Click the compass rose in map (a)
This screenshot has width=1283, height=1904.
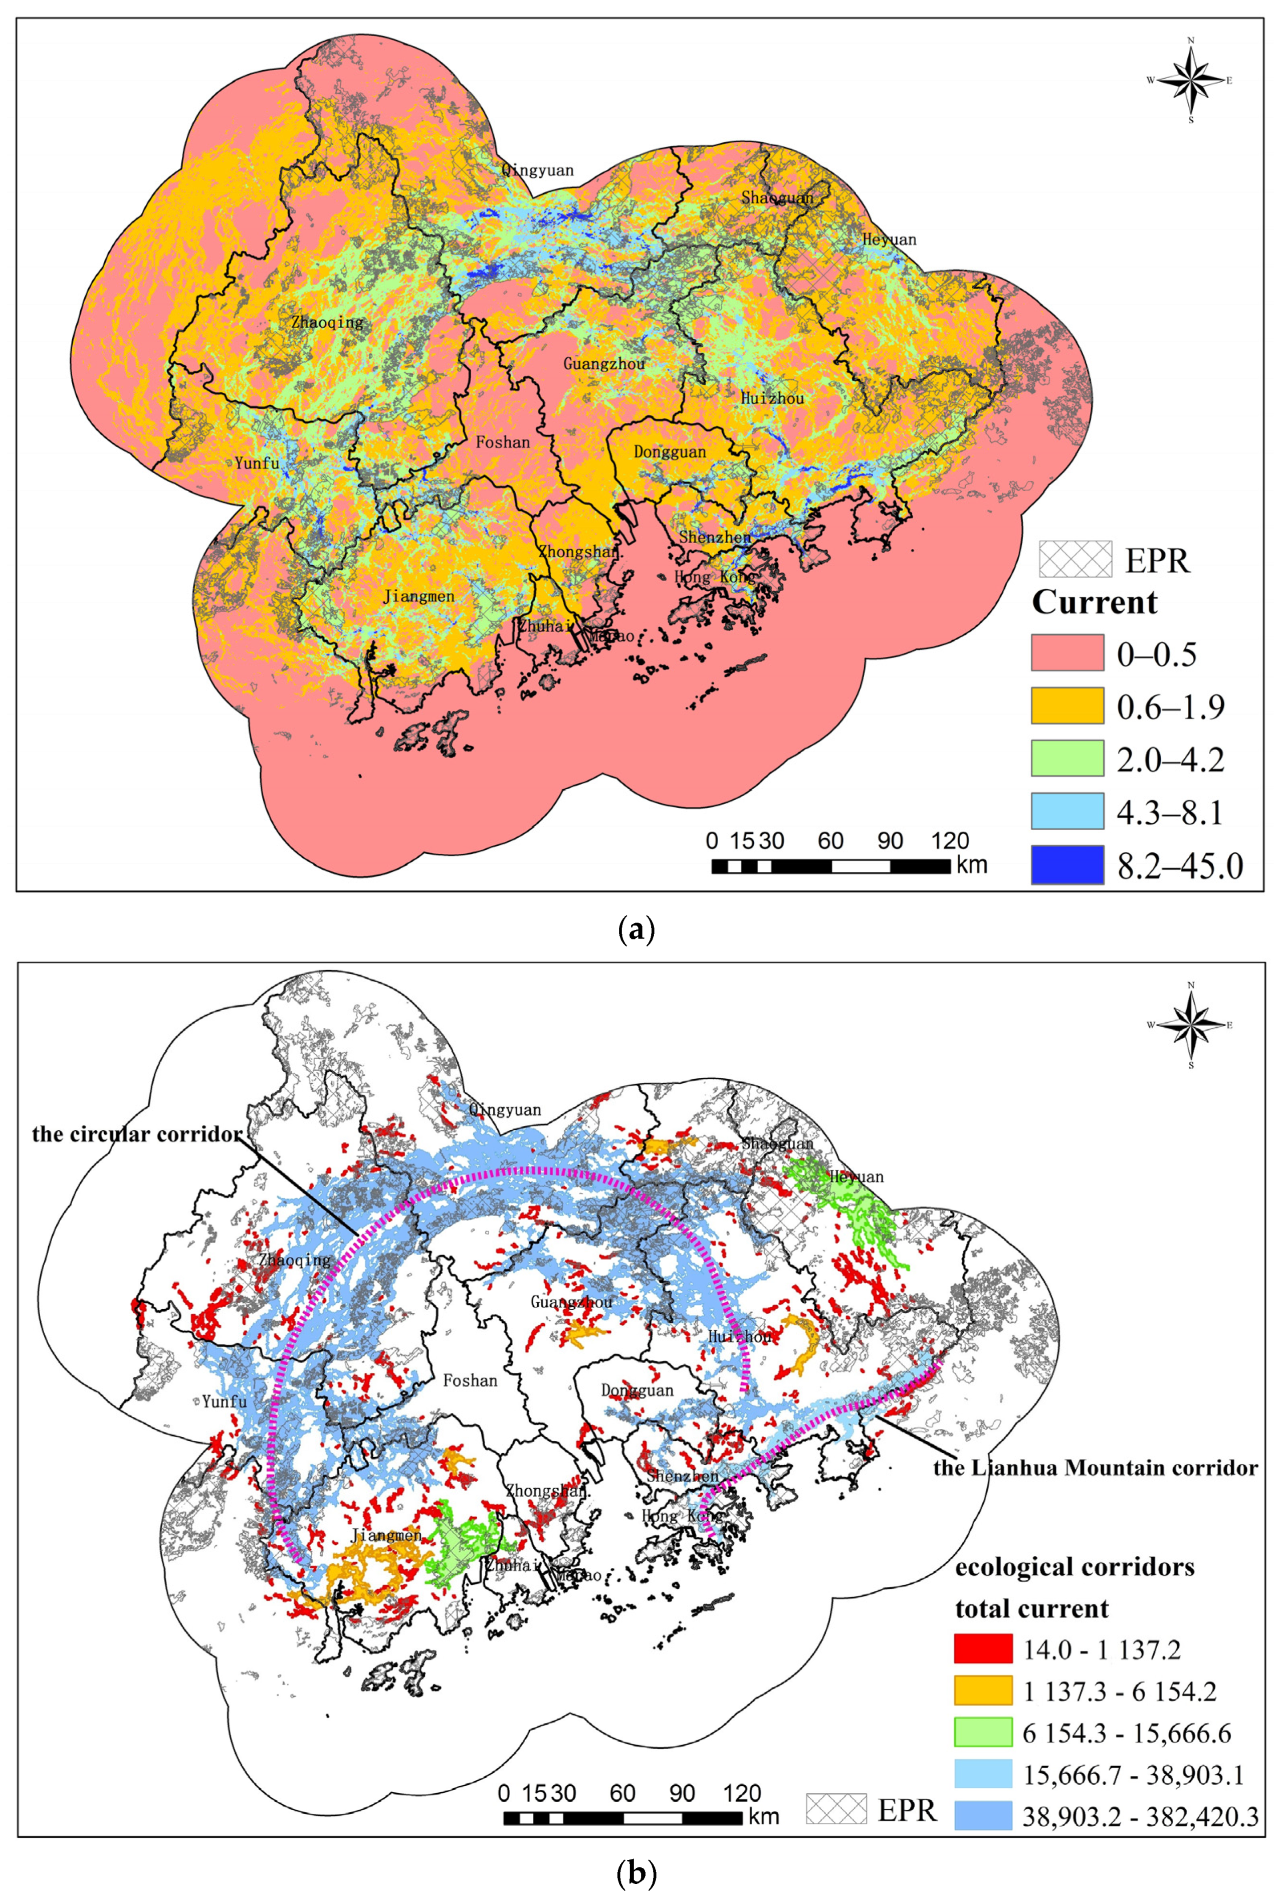(1191, 80)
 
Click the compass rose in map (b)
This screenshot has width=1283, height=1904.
(1191, 1025)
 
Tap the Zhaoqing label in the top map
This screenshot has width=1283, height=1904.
(326, 322)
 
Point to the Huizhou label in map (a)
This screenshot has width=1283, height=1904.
(772, 398)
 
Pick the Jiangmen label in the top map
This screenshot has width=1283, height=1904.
(418, 596)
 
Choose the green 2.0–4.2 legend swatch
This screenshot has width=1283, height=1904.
(1067, 759)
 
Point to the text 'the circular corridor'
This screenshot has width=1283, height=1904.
(137, 1134)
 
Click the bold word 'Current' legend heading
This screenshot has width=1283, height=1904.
(1094, 603)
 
